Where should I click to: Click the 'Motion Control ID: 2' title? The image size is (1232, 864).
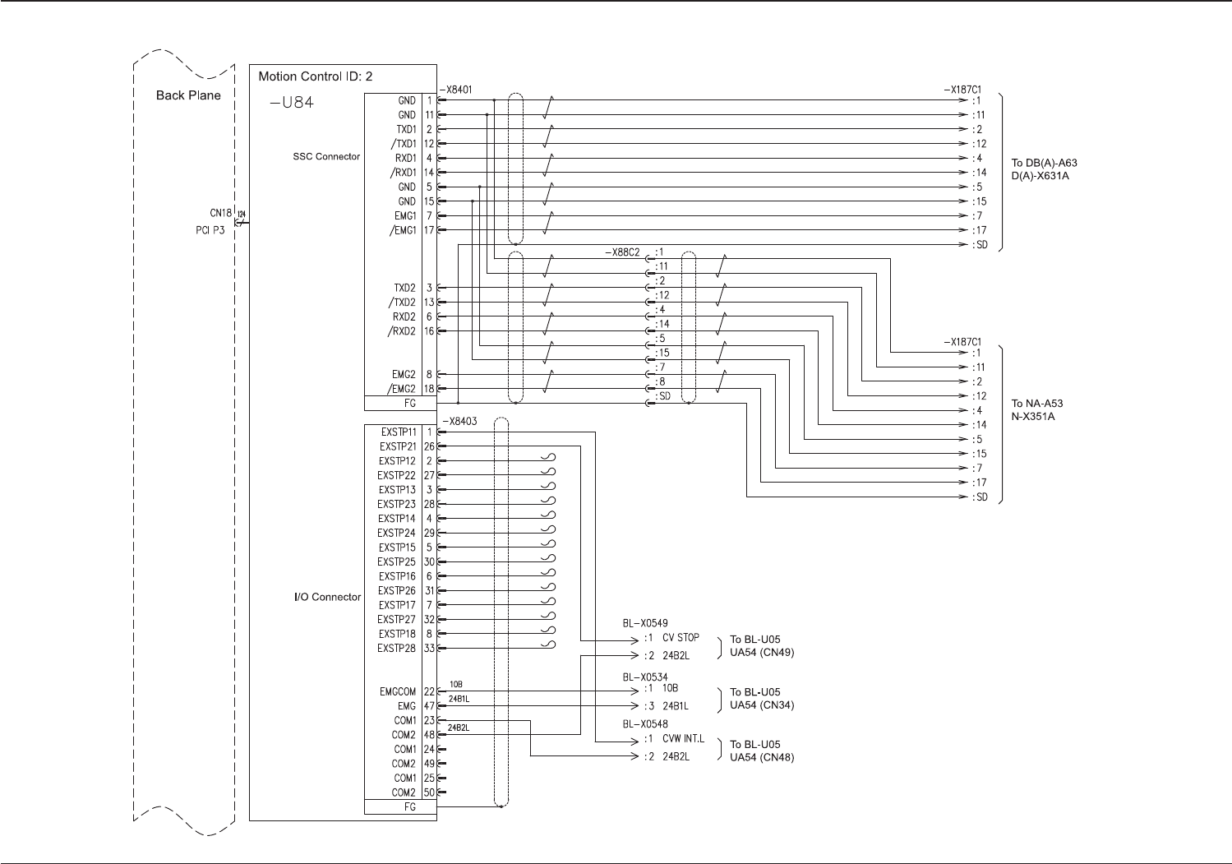point(315,76)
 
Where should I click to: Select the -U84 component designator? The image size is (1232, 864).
point(292,102)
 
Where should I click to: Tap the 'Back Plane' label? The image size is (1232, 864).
point(188,95)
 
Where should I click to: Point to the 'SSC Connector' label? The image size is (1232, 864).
point(326,157)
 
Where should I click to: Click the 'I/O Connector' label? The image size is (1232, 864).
point(327,597)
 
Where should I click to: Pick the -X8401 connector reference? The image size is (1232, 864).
point(456,90)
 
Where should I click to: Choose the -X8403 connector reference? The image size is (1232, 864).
point(459,421)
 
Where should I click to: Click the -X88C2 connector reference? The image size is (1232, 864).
point(623,252)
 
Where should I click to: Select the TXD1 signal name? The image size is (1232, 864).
point(406,129)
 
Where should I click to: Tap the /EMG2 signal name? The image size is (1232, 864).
point(403,389)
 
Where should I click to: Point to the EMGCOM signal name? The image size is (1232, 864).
point(398,691)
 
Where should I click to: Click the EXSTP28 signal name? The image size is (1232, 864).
point(396,649)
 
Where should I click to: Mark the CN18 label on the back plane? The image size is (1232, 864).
point(220,213)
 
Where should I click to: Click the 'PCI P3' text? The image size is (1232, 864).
point(210,230)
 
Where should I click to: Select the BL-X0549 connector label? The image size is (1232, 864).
point(645,623)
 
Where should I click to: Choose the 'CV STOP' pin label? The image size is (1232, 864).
point(681,637)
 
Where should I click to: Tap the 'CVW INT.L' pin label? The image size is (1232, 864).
point(683,738)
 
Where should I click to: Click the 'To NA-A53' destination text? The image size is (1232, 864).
point(1037,403)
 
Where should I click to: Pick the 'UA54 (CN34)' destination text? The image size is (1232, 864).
point(762,705)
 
